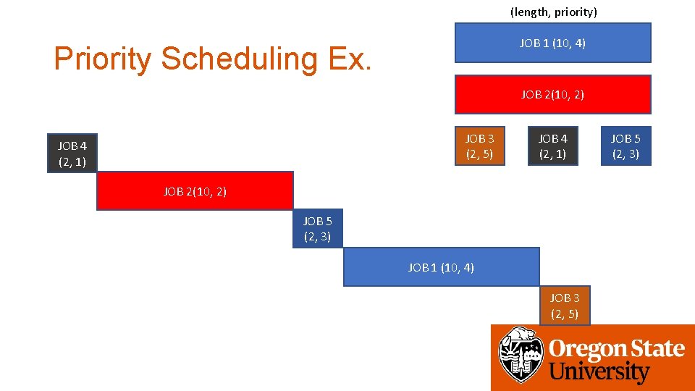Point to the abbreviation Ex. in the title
pyautogui.click(x=350, y=59)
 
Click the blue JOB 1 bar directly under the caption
pyautogui.click(x=552, y=43)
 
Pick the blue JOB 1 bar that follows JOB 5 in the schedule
pyautogui.click(x=441, y=267)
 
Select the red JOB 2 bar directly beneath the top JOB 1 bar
pyautogui.click(x=552, y=94)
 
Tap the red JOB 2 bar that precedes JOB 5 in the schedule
pyautogui.click(x=195, y=191)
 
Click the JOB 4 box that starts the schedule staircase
pyautogui.click(x=72, y=154)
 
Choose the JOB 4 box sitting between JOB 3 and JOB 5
pyautogui.click(x=552, y=146)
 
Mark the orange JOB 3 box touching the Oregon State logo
pyautogui.click(x=565, y=306)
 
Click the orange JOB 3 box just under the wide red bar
pyautogui.click(x=480, y=146)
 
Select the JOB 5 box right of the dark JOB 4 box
pyautogui.click(x=625, y=146)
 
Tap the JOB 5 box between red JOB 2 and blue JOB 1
pyautogui.click(x=317, y=229)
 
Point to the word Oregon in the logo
pyautogui.click(x=585, y=349)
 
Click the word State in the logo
pyautogui.click(x=654, y=349)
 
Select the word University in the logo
pyautogui.click(x=599, y=373)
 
